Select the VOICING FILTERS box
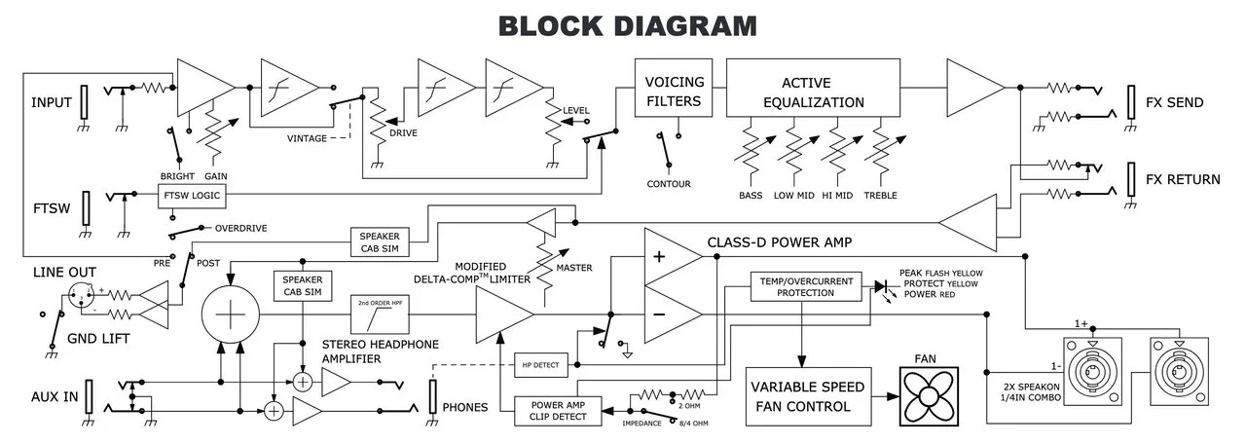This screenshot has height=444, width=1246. [x=674, y=90]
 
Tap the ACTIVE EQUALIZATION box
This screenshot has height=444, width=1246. [x=813, y=90]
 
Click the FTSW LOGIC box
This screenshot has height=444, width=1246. [x=192, y=197]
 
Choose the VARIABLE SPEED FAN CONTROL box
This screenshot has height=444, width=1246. [x=807, y=396]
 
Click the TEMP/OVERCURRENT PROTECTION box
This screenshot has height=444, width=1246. [x=804, y=287]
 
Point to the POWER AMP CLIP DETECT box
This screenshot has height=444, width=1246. [x=557, y=411]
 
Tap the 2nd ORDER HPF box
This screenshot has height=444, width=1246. [x=380, y=315]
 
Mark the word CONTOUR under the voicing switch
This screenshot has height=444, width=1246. [x=668, y=184]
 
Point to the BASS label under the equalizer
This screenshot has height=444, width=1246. [x=751, y=196]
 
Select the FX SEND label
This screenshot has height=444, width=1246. [x=1174, y=102]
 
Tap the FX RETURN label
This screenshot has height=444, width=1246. [x=1182, y=180]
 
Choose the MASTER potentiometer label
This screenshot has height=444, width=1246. [x=574, y=268]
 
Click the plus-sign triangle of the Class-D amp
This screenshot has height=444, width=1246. [x=672, y=258]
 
